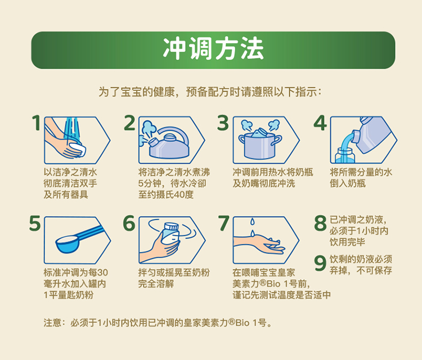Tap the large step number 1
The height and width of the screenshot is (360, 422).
point(36,124)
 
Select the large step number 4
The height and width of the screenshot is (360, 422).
point(320,124)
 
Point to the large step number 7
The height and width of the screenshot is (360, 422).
point(224,224)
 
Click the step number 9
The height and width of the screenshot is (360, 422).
point(320,263)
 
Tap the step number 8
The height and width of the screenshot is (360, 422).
point(320,223)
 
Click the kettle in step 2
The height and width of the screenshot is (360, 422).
point(169,143)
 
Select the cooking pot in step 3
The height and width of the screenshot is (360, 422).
point(259,146)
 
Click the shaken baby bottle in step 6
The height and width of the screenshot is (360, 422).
point(169,236)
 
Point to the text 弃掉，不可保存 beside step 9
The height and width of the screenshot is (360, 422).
point(361,270)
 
